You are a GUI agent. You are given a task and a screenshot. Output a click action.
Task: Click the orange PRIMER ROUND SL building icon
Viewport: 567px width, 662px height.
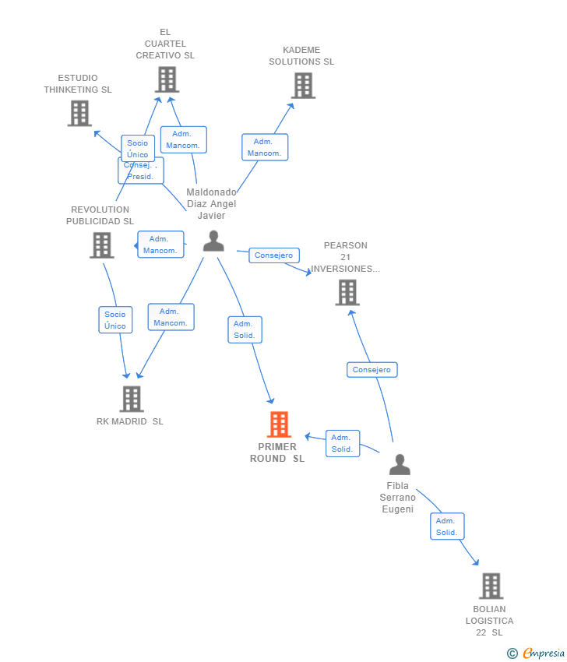coord(279,424)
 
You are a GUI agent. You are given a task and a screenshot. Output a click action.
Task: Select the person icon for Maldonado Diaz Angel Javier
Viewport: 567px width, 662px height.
coord(213,241)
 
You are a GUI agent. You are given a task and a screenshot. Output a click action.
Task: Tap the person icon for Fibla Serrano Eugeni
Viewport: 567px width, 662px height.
coord(400,464)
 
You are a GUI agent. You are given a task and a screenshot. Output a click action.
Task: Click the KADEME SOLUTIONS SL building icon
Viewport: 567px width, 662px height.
coord(303,86)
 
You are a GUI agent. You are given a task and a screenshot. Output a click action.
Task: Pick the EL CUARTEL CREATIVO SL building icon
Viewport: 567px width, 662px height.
coord(167,79)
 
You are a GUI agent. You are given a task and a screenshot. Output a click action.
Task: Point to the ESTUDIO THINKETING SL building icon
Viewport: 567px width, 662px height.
coord(79,114)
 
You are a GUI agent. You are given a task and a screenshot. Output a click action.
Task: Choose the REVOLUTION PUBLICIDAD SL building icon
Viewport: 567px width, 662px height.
coord(102,245)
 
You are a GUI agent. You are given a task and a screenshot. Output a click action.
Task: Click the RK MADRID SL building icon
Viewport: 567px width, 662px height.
coord(132,399)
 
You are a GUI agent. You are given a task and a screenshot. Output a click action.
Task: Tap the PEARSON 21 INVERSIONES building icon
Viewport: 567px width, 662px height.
coord(347,293)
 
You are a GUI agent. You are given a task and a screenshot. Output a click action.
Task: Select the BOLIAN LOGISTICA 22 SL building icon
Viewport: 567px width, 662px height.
coord(491,586)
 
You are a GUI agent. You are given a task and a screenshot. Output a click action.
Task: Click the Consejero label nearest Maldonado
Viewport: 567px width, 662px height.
coord(274,255)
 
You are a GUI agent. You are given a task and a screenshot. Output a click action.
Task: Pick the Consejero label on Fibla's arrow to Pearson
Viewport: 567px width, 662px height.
coord(372,370)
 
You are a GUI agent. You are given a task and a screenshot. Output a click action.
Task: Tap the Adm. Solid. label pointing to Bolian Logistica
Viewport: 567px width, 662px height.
coord(447,526)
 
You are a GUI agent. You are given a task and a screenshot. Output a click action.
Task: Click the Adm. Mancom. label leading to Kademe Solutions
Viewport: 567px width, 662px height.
coord(265,147)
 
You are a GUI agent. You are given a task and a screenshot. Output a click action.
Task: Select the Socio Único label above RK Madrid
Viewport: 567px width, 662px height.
coord(115,320)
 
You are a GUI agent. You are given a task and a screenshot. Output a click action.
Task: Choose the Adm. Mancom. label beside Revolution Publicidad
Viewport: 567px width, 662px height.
coord(160,245)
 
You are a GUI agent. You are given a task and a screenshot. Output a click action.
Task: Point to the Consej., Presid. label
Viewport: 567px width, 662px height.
coord(141,171)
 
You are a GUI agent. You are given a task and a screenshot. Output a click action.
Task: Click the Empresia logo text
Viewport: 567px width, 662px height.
coord(544,653)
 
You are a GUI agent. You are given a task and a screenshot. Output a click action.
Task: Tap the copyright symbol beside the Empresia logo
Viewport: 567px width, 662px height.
coord(512,653)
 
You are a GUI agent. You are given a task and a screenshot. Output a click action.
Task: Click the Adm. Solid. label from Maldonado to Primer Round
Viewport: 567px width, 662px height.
coord(245,329)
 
